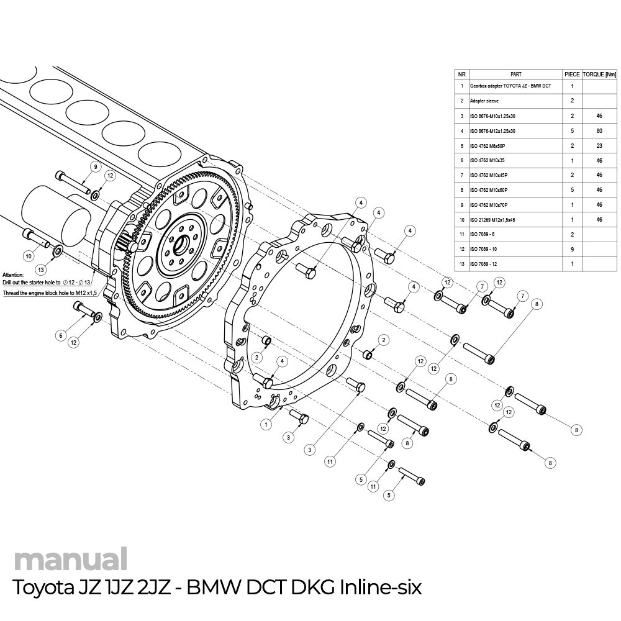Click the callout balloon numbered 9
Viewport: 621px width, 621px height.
[x=96, y=166]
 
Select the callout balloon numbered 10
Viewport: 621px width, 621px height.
[x=29, y=255]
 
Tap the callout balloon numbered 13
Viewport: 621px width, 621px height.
[x=41, y=270]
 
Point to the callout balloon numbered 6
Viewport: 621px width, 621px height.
[x=61, y=335]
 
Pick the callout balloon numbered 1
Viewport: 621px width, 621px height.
[x=266, y=425]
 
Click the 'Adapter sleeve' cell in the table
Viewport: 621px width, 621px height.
[x=484, y=101]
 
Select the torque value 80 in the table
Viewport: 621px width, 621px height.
[x=599, y=131]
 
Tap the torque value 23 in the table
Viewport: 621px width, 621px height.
[x=599, y=145]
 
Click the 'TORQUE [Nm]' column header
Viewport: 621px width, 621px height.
[x=599, y=73]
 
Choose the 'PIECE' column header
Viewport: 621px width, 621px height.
[x=572, y=73]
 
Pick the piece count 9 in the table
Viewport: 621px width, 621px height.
[x=572, y=250]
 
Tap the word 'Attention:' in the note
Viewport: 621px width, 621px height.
[x=13, y=274]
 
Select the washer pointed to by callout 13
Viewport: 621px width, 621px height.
[x=57, y=250]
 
